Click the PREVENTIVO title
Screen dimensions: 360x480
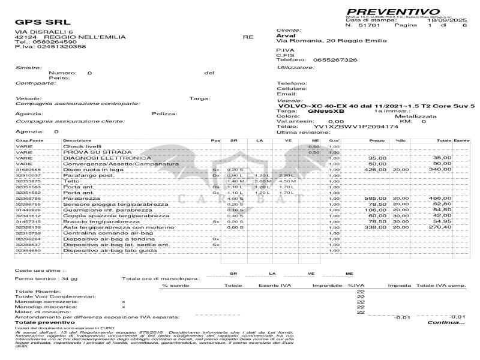coord(392,11)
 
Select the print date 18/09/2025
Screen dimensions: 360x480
coord(443,20)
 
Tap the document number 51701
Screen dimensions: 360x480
coord(368,26)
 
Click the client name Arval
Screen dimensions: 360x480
coord(286,35)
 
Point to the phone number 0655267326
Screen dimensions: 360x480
coord(331,60)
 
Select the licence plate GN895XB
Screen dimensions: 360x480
coord(326,111)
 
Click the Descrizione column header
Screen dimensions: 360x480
coord(77,140)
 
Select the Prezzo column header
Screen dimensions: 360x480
coord(377,140)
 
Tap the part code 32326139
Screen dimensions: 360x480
coord(28,227)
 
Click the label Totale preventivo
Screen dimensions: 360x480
coord(41,322)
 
